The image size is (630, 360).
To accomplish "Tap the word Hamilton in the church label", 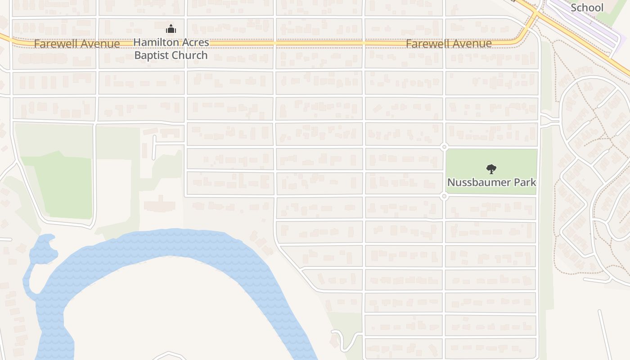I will [155, 43].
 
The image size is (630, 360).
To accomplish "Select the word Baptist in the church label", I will [151, 55].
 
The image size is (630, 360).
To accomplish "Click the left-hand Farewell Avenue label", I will [77, 44].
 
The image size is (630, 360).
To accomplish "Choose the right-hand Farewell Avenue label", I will [449, 44].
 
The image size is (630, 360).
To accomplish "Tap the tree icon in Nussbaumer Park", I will [491, 169].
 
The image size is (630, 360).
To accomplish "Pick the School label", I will [587, 8].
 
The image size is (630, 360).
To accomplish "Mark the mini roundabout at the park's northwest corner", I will [444, 147].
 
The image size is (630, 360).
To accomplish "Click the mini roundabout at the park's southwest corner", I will [444, 196].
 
